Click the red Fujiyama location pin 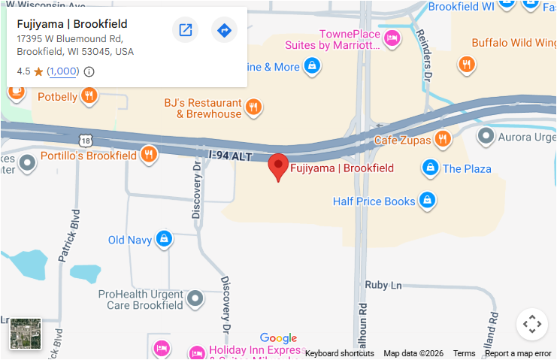279,167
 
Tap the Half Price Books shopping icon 427,201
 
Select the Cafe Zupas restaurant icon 443,139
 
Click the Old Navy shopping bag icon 163,240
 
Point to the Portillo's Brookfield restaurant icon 149,155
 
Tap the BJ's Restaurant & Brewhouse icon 253,107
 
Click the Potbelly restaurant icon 89,95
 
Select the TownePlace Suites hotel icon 392,38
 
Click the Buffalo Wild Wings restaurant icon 467,65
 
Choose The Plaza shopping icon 430,168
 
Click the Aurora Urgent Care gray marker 486,136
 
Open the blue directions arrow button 224,30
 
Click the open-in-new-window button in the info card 185,30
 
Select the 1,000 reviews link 62,71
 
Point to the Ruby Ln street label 383,286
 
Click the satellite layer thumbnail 26,334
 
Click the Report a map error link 518,353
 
